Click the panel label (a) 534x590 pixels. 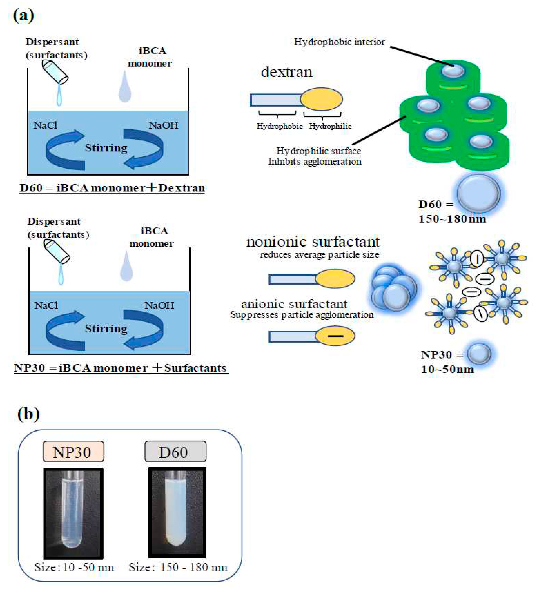[x=23, y=15]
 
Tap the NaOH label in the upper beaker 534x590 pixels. [x=163, y=125]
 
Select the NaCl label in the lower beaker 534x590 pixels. [x=46, y=305]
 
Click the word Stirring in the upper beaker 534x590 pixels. [x=106, y=148]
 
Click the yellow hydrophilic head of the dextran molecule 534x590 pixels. [x=321, y=99]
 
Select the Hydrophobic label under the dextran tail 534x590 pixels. [x=279, y=126]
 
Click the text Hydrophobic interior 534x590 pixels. [x=339, y=42]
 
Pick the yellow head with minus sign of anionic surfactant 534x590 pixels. [x=335, y=336]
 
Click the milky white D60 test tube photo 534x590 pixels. [x=177, y=512]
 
